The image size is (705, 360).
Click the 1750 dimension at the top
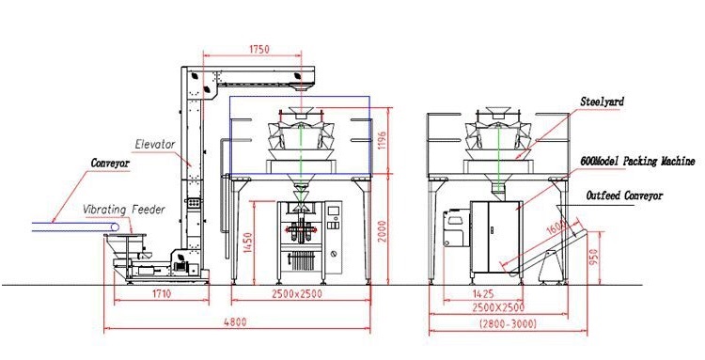[x=259, y=49]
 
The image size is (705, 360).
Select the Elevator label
[x=155, y=144]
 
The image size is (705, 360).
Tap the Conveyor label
[x=110, y=163]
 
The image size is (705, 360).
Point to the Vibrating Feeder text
[x=124, y=210]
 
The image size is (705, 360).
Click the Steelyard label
[x=602, y=102]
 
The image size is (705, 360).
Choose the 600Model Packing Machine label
[x=638, y=161]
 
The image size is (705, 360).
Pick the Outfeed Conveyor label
[x=624, y=196]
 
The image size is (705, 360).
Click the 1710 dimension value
[x=162, y=294]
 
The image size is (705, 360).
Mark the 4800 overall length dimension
[x=236, y=321]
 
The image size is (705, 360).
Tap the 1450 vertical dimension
[x=247, y=243]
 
